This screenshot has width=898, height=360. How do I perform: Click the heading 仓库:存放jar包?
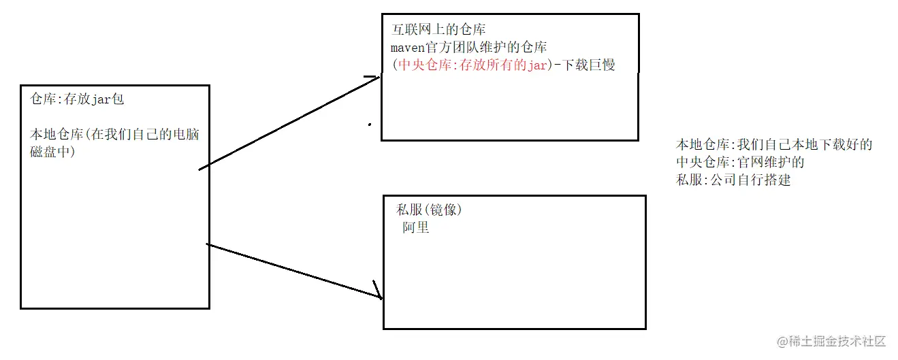(76, 99)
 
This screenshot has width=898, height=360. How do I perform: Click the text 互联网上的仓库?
(439, 30)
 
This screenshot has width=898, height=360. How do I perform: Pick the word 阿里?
(415, 228)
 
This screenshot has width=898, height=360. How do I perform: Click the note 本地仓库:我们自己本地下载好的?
(773, 145)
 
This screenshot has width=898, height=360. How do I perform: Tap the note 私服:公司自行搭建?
(733, 180)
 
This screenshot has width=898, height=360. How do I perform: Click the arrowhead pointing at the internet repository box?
(372, 79)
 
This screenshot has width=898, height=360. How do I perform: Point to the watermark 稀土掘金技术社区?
(837, 340)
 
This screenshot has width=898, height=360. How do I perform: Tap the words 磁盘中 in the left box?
(52, 152)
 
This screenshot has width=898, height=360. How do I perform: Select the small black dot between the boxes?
(370, 125)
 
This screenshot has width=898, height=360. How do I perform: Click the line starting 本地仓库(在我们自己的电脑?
(114, 134)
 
